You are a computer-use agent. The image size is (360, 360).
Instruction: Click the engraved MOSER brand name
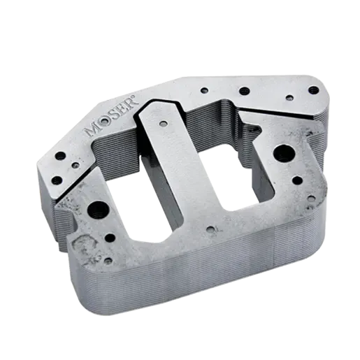(x=112, y=119)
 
